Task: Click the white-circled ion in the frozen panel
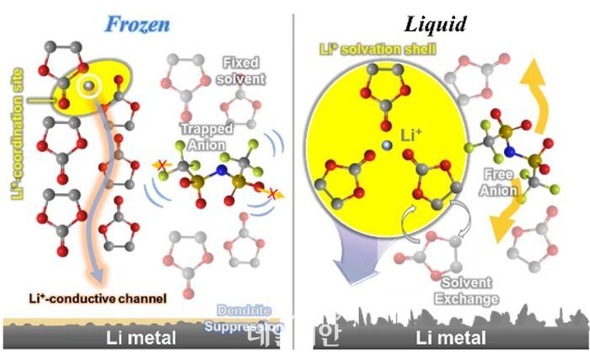point(85,88)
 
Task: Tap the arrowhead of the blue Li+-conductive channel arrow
point(99,277)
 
